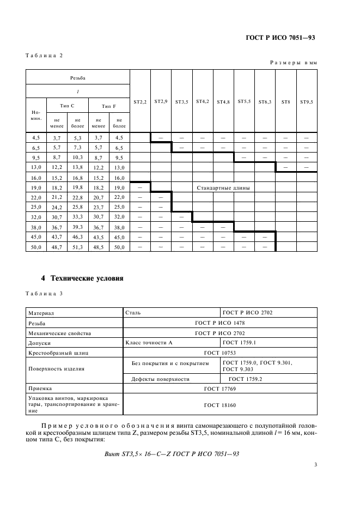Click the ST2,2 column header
pyautogui.click(x=140, y=102)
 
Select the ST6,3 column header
pyautogui.click(x=265, y=102)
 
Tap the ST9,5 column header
pyautogui.click(x=306, y=102)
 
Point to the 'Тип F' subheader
pyautogui.click(x=108, y=106)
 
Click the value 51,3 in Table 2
pyautogui.click(x=77, y=247)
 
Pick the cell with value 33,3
pyautogui.click(x=77, y=217)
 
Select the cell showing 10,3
pyautogui.click(x=77, y=157)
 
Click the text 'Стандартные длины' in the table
pyautogui.click(x=223, y=188)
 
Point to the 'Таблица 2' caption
pyautogui.click(x=44, y=56)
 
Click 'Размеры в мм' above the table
pyautogui.click(x=293, y=63)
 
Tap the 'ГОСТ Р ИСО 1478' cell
pyautogui.click(x=220, y=323)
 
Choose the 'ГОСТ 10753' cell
pyautogui.click(x=220, y=353)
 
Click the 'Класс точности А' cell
pyautogui.click(x=150, y=343)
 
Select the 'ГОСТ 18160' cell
pyautogui.click(x=220, y=405)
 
